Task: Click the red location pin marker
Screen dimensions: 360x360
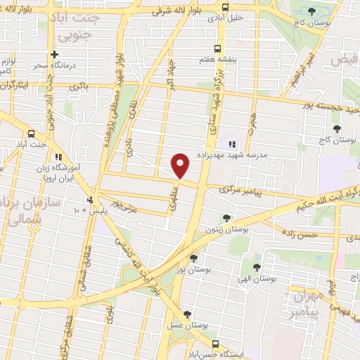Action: pyautogui.click(x=181, y=166)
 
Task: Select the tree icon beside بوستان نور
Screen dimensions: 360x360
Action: pyautogui.click(x=193, y=257)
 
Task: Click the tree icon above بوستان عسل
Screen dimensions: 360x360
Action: pyautogui.click(x=186, y=314)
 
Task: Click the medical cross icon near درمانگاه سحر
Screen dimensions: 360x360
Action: pyautogui.click(x=54, y=54)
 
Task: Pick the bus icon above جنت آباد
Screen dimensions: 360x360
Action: pyautogui.click(x=30, y=134)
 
